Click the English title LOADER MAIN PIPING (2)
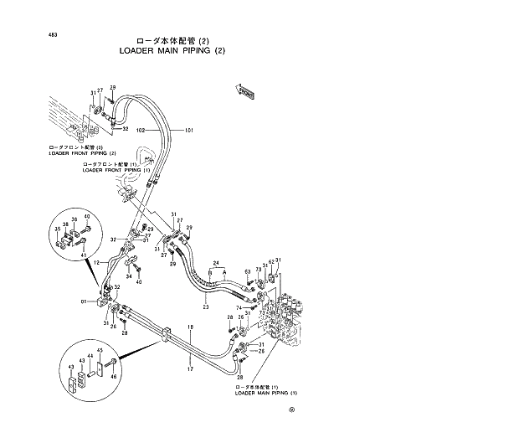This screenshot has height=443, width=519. pyautogui.click(x=174, y=51)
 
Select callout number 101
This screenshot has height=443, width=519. pyautogui.click(x=189, y=131)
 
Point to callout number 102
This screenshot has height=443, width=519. pyautogui.click(x=141, y=131)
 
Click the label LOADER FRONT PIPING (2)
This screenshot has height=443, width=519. pyautogui.click(x=82, y=154)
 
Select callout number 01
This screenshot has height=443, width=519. pyautogui.click(x=84, y=301)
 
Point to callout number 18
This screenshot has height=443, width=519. pyautogui.click(x=190, y=327)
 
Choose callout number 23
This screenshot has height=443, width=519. pyautogui.click(x=204, y=308)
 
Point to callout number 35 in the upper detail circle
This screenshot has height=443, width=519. pyautogui.click(x=58, y=228)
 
